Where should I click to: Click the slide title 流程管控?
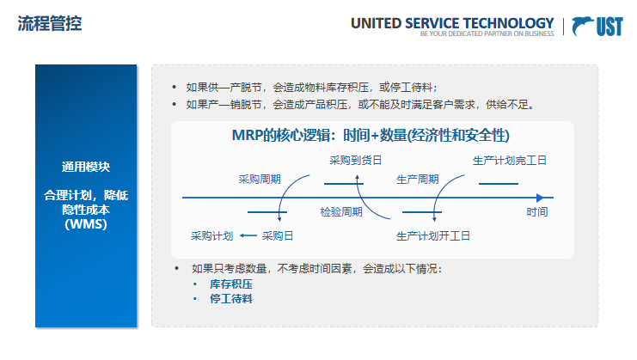click(x=50, y=23)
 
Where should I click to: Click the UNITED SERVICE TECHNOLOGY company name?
click(x=451, y=23)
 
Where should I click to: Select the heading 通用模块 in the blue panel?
click(x=85, y=167)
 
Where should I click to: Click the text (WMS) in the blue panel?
click(x=85, y=224)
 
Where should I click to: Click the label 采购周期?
click(x=260, y=180)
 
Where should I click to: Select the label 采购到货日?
click(x=355, y=160)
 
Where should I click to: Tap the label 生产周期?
click(x=417, y=180)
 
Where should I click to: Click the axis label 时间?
click(x=537, y=211)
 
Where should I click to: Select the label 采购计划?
click(x=211, y=235)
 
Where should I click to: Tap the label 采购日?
click(x=278, y=235)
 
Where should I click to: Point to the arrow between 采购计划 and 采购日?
click(x=248, y=235)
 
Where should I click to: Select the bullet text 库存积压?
click(x=231, y=284)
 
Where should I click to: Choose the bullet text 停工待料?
click(x=231, y=298)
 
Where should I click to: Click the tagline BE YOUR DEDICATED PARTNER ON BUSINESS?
click(x=487, y=35)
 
